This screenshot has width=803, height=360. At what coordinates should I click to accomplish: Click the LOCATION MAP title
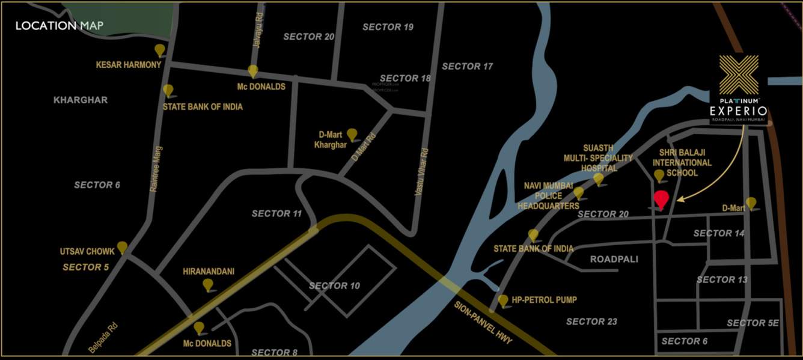click(60, 26)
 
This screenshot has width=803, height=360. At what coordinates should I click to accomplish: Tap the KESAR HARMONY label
click(129, 64)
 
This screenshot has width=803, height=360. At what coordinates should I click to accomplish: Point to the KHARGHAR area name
click(81, 100)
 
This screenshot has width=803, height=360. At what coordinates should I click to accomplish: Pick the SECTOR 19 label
click(388, 27)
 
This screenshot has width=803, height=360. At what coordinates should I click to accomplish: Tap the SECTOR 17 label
click(467, 66)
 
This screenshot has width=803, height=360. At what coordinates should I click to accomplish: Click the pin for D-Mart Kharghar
click(352, 134)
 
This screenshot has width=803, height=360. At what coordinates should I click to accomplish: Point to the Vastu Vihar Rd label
click(424, 171)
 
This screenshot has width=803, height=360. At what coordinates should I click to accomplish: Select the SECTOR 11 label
click(276, 213)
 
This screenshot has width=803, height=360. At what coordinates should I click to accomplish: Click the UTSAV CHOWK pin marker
click(122, 247)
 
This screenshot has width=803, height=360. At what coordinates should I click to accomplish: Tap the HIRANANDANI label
click(209, 272)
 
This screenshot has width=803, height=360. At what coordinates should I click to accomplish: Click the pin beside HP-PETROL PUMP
click(503, 300)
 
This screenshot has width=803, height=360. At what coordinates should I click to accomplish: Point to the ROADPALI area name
click(614, 259)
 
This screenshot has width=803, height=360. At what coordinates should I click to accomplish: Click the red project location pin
click(661, 200)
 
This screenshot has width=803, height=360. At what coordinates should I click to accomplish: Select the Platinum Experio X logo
click(739, 76)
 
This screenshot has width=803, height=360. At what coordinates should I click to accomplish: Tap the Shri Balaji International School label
click(682, 163)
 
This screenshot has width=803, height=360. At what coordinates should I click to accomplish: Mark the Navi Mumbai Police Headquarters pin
click(578, 192)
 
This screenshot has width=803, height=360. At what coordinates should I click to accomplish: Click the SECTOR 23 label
click(591, 322)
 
